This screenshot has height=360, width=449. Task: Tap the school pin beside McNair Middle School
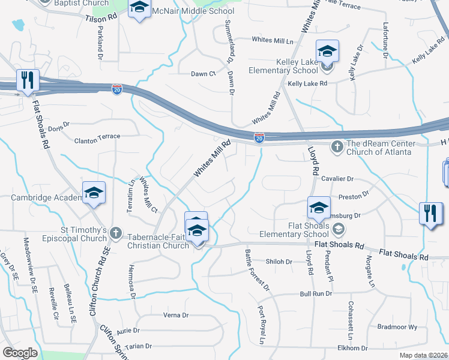pos(139,10)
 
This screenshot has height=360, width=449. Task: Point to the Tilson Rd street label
pos(100,19)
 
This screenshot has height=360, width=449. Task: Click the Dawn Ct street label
pos(203,74)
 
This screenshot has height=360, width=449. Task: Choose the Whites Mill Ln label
pos(273,41)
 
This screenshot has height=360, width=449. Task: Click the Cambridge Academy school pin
pos(94,193)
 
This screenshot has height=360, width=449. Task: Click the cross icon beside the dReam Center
pos(337,146)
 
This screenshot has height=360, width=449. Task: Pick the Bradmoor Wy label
pos(397,327)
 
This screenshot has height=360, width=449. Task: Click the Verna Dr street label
pos(176,315)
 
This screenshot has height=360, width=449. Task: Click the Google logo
pos(20,352)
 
